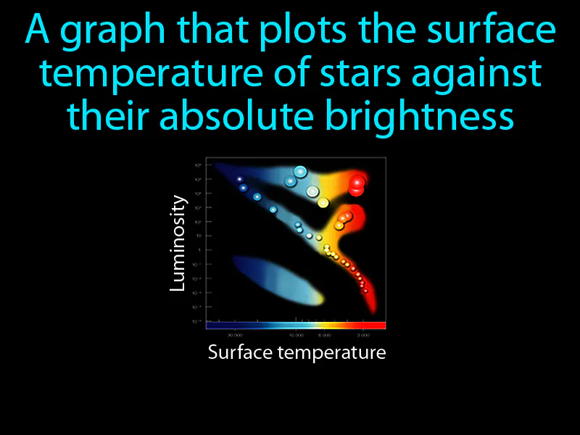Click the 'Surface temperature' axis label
297,353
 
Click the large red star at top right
357,185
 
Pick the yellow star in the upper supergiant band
323,202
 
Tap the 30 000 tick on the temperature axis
234,336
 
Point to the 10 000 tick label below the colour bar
296,336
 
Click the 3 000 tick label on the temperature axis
363,336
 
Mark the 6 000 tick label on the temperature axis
326,336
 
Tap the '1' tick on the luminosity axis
199,250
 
